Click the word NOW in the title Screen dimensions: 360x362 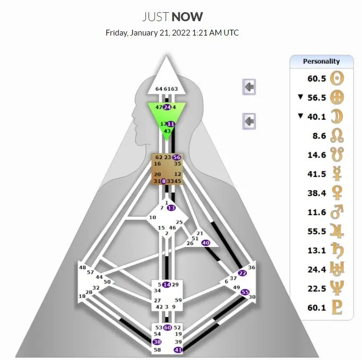(x=188, y=16)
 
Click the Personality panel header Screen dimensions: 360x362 (x=321, y=61)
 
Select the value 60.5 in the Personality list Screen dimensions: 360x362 (x=317, y=78)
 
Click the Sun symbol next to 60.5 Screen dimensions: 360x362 (x=337, y=78)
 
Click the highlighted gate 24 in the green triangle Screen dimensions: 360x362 (x=167, y=107)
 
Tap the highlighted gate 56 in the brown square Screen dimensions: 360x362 (x=177, y=157)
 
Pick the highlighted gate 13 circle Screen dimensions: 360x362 (x=171, y=208)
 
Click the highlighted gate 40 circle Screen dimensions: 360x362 (x=206, y=242)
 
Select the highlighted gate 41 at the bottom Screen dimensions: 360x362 (x=178, y=350)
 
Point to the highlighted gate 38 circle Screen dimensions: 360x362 (x=157, y=343)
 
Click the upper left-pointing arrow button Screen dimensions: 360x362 (x=249, y=86)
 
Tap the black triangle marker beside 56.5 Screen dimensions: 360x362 (x=300, y=97)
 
